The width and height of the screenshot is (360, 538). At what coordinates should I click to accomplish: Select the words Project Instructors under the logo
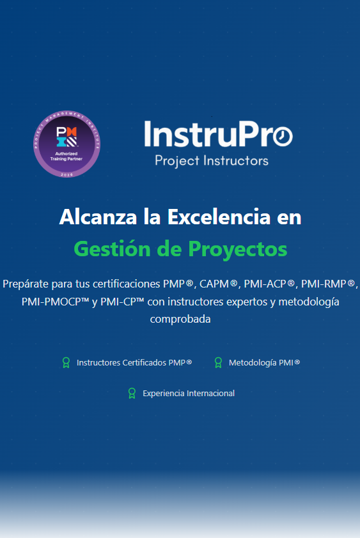(x=212, y=160)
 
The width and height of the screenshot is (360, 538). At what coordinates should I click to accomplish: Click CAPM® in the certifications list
(x=219, y=283)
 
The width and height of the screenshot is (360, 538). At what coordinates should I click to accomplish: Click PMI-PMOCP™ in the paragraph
(x=55, y=301)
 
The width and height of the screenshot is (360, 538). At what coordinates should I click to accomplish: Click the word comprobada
(x=180, y=319)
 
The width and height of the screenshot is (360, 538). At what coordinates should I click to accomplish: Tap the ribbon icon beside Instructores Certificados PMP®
(x=65, y=363)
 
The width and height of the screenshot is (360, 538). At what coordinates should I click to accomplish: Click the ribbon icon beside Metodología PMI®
(x=218, y=363)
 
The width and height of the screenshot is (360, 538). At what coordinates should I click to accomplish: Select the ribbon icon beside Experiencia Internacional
(x=132, y=394)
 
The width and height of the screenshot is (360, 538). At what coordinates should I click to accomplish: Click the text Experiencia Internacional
(x=189, y=394)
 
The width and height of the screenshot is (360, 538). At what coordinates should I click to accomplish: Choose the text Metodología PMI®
(x=264, y=363)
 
